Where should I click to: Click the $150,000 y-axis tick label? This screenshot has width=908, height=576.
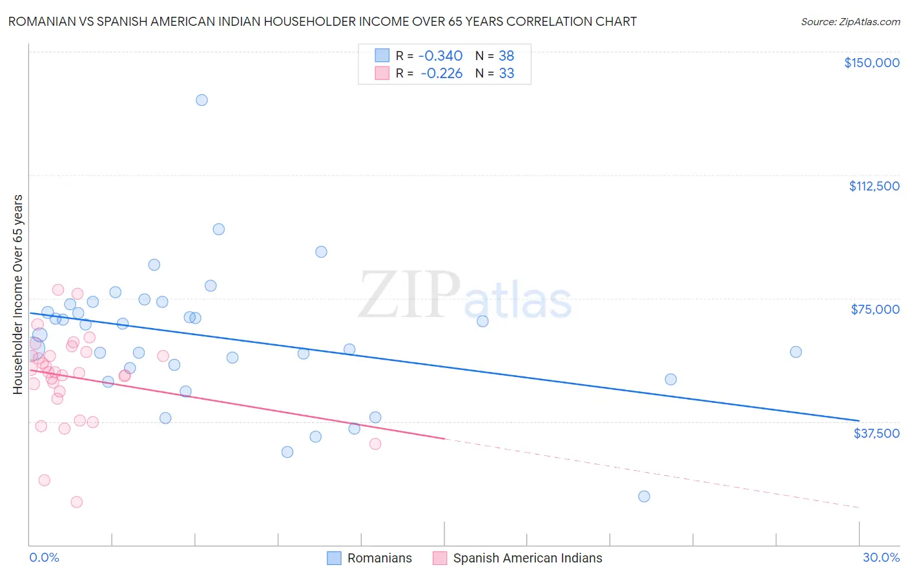871,63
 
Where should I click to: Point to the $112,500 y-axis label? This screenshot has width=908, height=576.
874,186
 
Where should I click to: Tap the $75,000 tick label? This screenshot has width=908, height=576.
875,309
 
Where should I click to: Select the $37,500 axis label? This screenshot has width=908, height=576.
876,433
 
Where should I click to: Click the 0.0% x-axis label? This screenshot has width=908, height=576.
44,557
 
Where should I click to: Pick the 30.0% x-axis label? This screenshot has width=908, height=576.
881,557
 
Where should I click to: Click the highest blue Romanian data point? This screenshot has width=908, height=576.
201,100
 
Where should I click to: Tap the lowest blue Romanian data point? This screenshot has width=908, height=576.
644,497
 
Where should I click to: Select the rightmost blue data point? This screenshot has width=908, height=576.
796,352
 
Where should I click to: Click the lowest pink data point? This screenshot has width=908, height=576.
76,502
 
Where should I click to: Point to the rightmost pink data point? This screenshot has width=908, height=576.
375,444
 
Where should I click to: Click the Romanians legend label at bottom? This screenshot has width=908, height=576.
379,558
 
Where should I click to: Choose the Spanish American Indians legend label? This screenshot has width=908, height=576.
527,558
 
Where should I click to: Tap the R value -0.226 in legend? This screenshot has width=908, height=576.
441,73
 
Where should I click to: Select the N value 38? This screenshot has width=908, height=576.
506,56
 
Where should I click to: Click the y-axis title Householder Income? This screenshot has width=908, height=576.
18,294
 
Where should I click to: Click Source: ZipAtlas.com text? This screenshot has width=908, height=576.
850,22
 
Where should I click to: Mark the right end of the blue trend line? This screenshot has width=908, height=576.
859,420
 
